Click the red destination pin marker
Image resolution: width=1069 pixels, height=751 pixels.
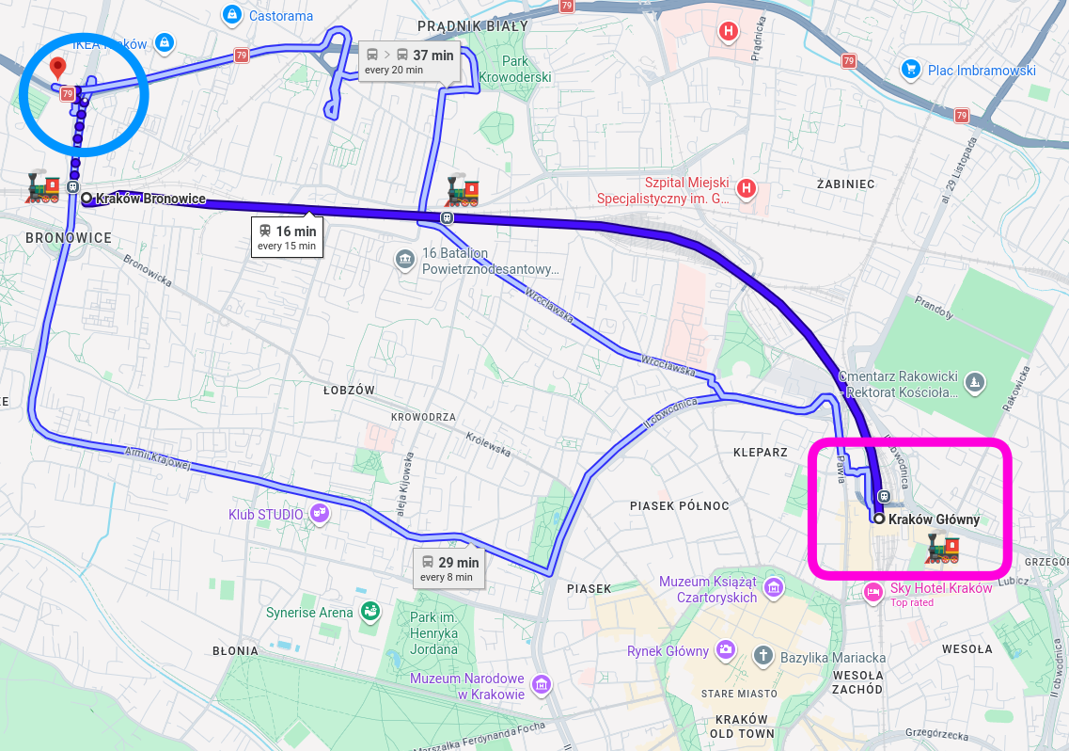(57, 68)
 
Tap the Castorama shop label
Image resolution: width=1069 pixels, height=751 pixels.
(281, 15)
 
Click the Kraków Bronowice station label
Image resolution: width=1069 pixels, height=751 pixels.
(150, 199)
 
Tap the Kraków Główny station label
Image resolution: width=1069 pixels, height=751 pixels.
(933, 519)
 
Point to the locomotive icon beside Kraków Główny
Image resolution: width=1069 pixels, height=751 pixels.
(942, 547)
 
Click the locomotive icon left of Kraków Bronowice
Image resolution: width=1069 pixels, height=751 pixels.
(42, 187)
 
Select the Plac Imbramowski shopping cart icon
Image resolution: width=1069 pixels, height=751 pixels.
(909, 69)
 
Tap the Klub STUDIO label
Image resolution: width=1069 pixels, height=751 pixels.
(266, 515)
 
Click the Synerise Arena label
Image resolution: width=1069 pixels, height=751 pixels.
(309, 613)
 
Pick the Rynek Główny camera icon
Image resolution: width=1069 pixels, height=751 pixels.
(725, 650)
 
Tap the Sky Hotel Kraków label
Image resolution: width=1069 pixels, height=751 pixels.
(940, 588)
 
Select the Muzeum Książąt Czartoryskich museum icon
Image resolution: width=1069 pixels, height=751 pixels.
(773, 589)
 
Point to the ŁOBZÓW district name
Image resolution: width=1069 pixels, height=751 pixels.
(349, 391)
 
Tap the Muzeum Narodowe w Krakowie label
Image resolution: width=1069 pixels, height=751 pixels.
(466, 686)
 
